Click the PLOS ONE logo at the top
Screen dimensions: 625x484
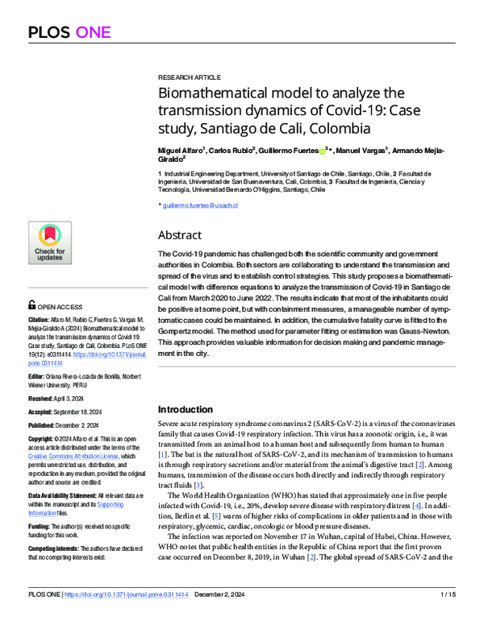click(x=73, y=32)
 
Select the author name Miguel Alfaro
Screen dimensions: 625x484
click(x=181, y=150)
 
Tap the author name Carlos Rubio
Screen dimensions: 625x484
click(x=232, y=150)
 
